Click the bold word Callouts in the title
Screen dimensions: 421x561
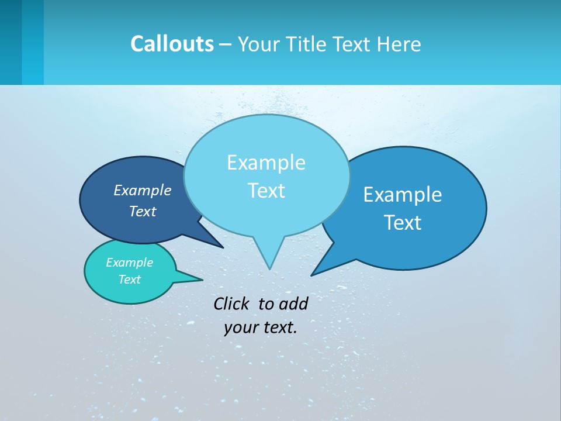[x=172, y=44]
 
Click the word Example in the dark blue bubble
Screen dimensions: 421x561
[x=142, y=190]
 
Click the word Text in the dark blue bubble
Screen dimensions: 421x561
[x=142, y=211]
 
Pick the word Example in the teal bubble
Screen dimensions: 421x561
[x=129, y=263]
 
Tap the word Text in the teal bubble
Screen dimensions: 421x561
[x=129, y=279]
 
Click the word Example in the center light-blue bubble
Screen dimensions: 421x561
[x=266, y=163]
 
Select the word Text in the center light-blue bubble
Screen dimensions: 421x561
[x=266, y=191]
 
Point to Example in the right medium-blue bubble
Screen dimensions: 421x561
[x=403, y=195]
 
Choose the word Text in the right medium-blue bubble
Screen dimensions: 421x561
[x=403, y=223]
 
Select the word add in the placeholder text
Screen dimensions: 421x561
[x=293, y=303]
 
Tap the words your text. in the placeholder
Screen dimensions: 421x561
[x=260, y=327]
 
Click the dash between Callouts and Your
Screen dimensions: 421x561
[x=226, y=44]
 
